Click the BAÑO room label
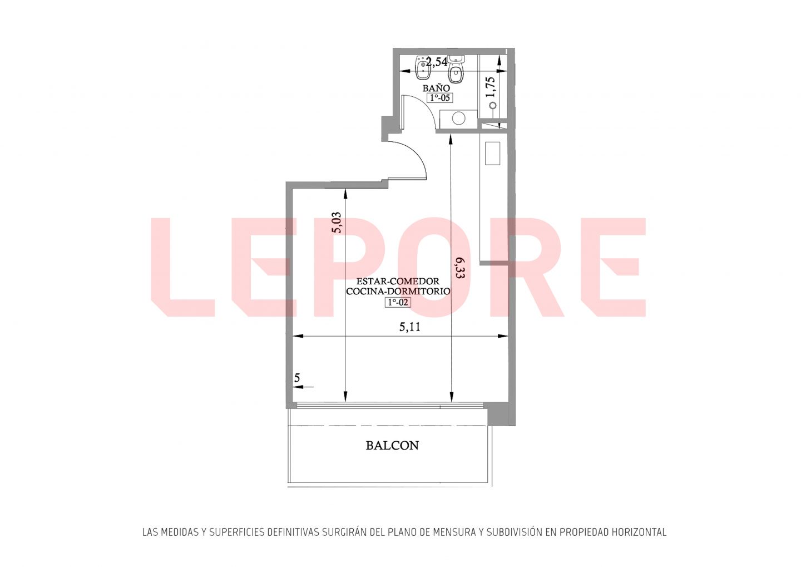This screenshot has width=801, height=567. [436, 88]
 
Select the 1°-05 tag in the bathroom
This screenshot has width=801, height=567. [440, 98]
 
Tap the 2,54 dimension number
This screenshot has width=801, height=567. [437, 62]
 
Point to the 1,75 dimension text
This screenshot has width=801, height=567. [490, 87]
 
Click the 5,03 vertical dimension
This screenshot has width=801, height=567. [337, 223]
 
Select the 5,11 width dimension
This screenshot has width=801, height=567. [410, 327]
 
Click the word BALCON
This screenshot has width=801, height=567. [392, 446]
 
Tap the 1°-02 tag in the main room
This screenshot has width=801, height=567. [398, 302]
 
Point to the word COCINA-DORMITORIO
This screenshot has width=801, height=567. [398, 291]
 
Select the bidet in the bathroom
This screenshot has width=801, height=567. [422, 68]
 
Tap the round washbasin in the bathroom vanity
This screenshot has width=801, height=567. [458, 118]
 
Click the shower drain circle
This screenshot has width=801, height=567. [493, 105]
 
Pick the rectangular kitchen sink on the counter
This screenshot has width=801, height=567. [492, 153]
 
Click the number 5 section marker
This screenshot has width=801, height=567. [297, 378]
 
